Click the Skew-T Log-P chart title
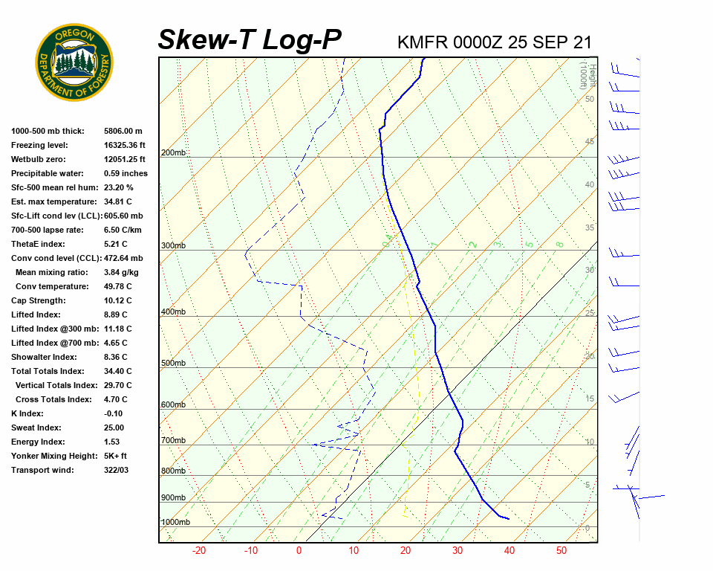[x=250, y=40]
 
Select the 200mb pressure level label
[x=173, y=153]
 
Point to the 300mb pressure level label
[x=173, y=246]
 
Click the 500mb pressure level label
[x=173, y=364]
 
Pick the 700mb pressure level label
[x=173, y=441]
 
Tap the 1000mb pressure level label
[x=175, y=523]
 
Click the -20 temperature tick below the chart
[x=199, y=551]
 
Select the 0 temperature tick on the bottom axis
[x=299, y=551]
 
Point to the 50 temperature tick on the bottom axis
[x=561, y=551]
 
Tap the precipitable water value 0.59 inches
[x=126, y=173]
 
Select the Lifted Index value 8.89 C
[x=115, y=314]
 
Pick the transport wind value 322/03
[x=117, y=470]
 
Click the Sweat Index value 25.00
[x=114, y=428]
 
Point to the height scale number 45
[x=590, y=142]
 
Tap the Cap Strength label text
[x=38, y=300]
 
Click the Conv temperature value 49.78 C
[x=117, y=286]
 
